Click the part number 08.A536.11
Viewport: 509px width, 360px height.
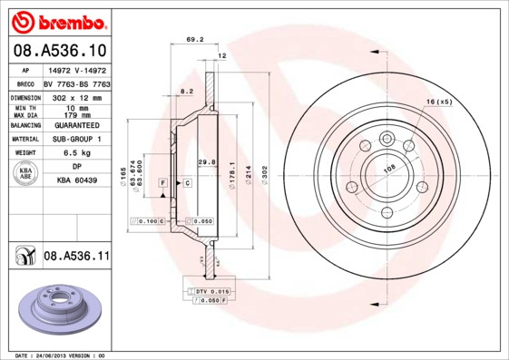pos(76,257)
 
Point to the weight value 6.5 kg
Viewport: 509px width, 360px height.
pos(78,153)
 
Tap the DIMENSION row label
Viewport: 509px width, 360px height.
pos(26,95)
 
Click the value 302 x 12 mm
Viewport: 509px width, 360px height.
pos(78,95)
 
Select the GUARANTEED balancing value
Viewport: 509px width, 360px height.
pos(78,125)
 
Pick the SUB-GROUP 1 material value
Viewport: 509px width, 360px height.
pos(78,139)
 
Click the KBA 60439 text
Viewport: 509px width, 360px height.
pos(78,181)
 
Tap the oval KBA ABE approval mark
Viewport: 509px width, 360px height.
pos(26,174)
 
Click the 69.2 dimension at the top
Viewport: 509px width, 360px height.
pos(193,40)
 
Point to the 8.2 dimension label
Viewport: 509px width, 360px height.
pos(187,92)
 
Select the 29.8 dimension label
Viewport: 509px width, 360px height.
pos(206,162)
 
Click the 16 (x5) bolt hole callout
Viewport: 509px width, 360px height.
pos(438,102)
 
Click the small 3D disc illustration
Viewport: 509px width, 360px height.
pos(56,306)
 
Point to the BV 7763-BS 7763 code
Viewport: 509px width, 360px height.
pos(78,82)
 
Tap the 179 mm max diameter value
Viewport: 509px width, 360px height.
pos(78,114)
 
